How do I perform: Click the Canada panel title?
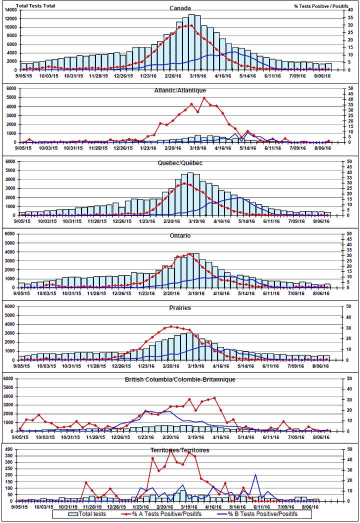point(179,8)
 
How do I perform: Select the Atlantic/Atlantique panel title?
point(179,90)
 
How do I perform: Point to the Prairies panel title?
point(179,308)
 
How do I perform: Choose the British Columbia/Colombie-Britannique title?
point(179,380)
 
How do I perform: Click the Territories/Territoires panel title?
point(179,450)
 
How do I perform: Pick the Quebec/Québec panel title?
point(179,163)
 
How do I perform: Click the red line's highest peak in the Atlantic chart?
point(203,98)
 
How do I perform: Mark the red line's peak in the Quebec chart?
point(185,183)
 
